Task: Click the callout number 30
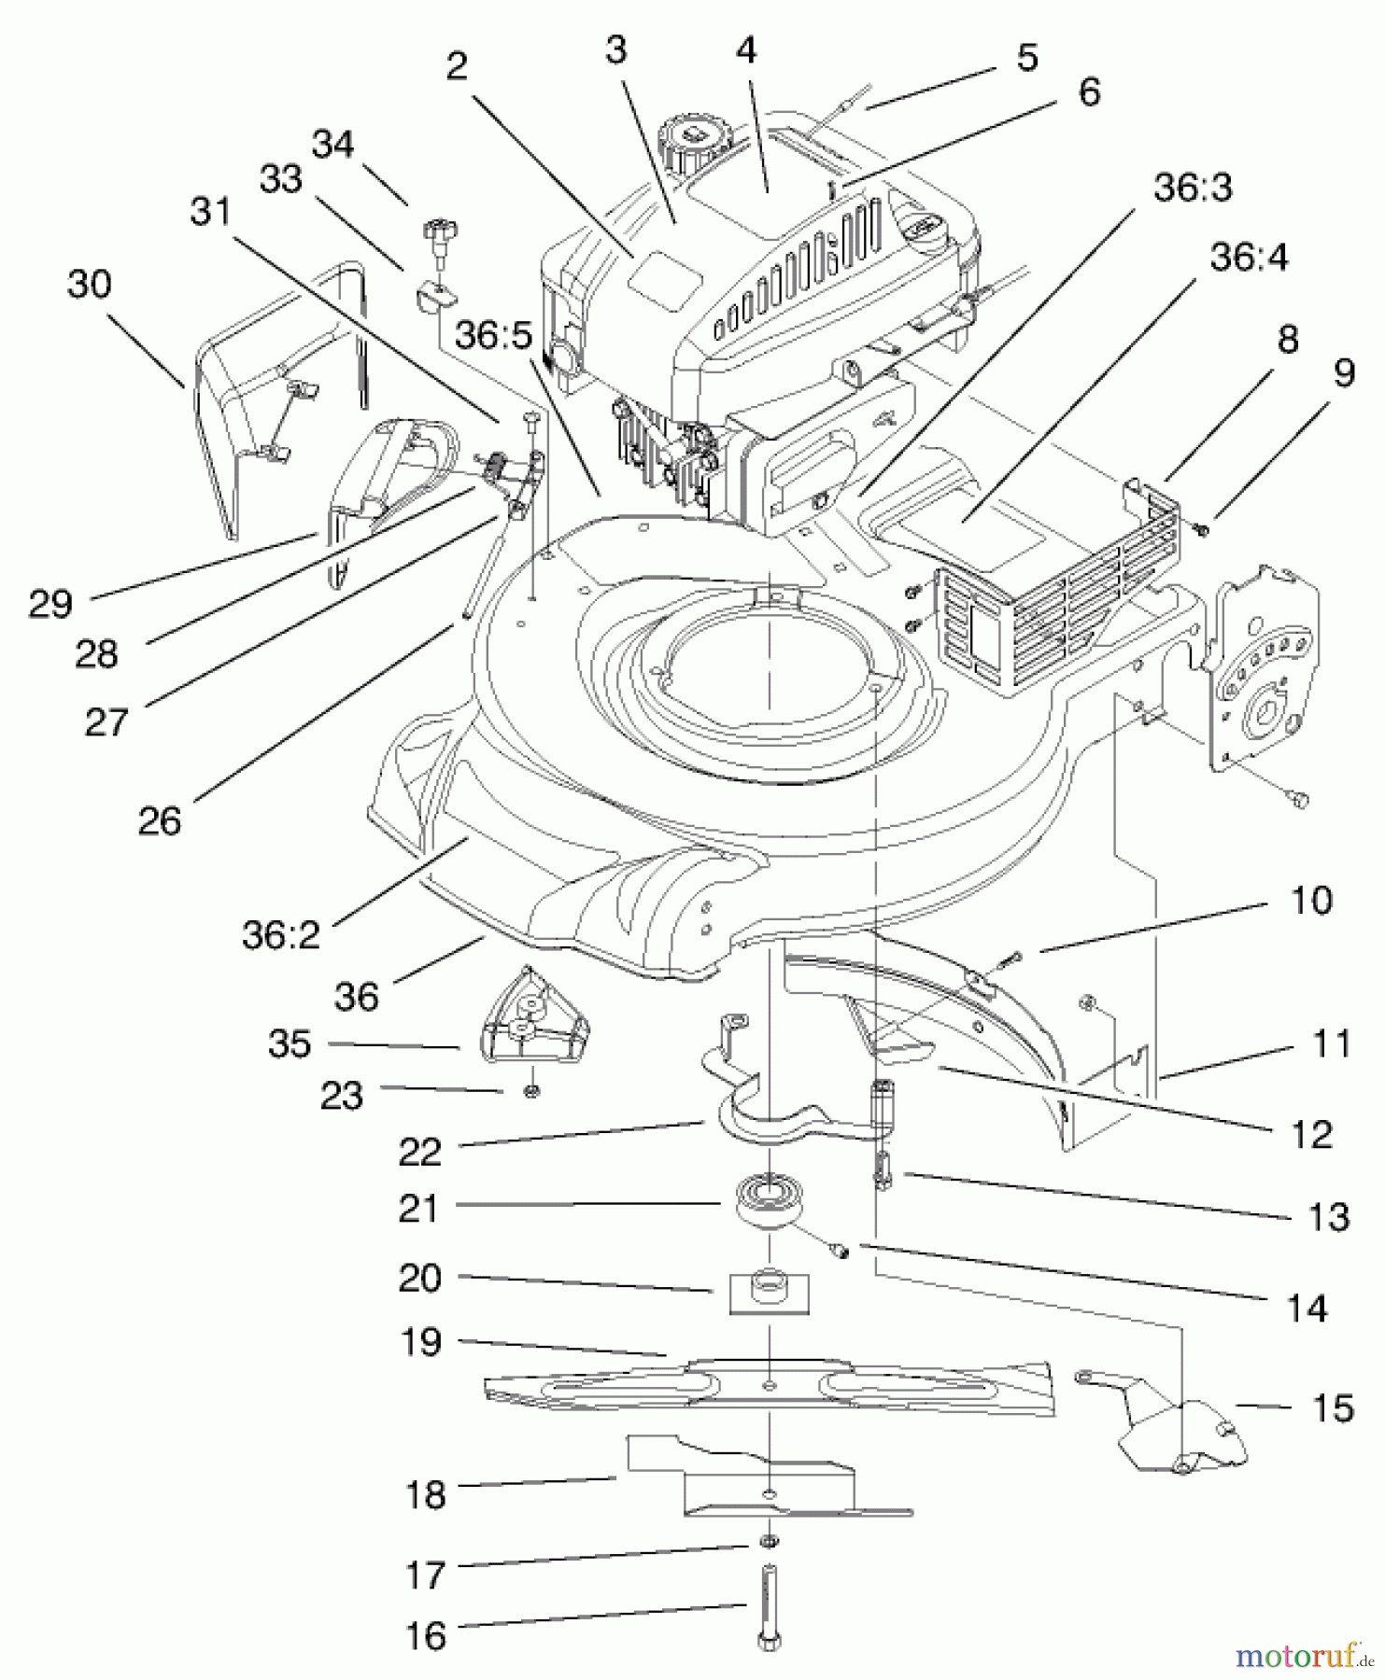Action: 89,284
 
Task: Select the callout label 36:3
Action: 1193,188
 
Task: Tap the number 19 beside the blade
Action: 420,1342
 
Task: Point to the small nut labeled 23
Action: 531,1090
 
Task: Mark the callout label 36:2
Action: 281,934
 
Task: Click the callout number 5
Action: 1026,58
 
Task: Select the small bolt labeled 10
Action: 1008,958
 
